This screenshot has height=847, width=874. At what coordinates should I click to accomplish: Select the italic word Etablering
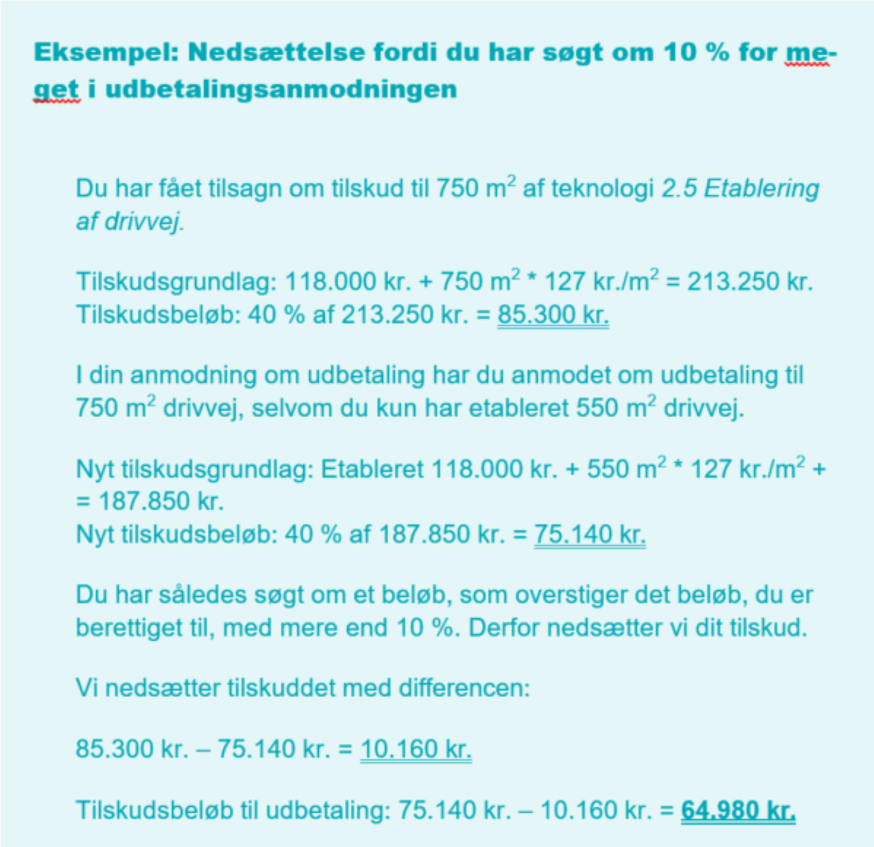(761, 189)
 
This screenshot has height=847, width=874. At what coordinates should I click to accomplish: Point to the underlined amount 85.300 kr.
(553, 314)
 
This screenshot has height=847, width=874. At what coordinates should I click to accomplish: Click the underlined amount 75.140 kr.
(589, 533)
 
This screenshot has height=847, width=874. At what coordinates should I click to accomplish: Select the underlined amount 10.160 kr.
(416, 749)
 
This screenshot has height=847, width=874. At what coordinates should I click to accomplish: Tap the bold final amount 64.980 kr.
(738, 810)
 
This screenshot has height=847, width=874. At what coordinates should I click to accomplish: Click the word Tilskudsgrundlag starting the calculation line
(176, 282)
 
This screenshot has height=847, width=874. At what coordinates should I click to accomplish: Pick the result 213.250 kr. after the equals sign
(750, 282)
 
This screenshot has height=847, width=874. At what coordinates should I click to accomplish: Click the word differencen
(464, 688)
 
